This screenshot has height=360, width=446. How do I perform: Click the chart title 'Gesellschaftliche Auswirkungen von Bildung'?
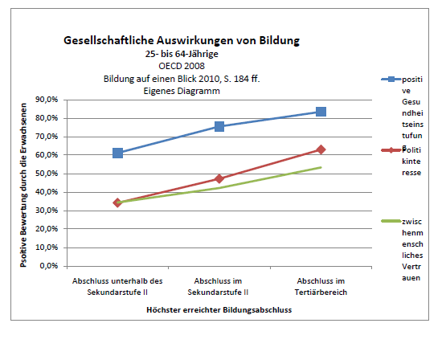coord(182,40)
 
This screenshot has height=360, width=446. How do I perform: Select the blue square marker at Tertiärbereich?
coord(321,112)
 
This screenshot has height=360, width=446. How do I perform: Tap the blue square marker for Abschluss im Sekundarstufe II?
coord(219,126)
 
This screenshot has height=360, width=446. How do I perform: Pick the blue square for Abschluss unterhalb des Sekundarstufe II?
coord(118,153)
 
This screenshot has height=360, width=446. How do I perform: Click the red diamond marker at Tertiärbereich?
coord(321,149)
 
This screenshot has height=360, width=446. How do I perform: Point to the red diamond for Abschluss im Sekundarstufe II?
coord(219,178)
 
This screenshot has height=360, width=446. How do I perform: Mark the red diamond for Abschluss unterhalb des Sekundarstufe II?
coord(118,202)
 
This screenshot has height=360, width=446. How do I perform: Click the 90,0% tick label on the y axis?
coord(47,100)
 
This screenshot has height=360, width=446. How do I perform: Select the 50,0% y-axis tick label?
coord(47,174)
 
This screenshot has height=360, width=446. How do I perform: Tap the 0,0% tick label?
coord(49,266)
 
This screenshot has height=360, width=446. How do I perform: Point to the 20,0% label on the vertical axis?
coord(47,229)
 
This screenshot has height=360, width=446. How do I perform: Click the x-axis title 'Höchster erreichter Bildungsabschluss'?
coord(219,310)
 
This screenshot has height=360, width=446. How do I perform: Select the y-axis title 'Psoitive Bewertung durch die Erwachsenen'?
coord(23,185)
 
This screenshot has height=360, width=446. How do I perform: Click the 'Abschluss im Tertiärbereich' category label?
coord(321,287)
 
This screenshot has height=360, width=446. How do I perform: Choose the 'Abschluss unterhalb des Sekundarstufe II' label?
coord(117,287)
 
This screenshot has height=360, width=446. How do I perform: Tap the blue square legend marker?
coord(391,80)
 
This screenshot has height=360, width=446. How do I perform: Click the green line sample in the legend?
coord(391,221)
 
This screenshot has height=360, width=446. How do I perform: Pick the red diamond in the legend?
coord(391,150)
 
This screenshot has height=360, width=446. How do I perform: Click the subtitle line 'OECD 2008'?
coord(182,66)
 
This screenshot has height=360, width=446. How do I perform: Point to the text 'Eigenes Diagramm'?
coord(182,91)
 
